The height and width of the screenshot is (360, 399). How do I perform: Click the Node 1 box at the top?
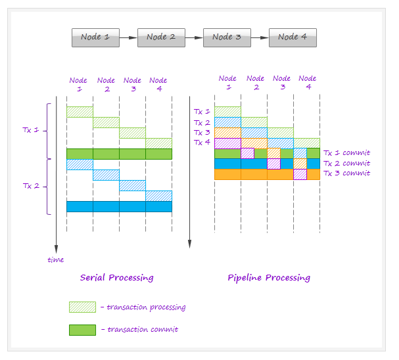[x=95, y=37]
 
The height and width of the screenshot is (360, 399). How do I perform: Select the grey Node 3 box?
[x=227, y=37]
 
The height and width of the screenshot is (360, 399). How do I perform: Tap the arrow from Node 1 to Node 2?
[x=128, y=37]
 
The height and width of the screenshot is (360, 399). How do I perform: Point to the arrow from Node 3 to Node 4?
[x=260, y=37]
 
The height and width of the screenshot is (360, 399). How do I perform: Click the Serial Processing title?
[x=117, y=278]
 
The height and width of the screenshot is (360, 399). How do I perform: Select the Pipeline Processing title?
[x=269, y=278]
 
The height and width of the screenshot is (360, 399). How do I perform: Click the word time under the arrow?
[x=56, y=259]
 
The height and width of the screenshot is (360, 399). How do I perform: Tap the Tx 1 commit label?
[x=347, y=153]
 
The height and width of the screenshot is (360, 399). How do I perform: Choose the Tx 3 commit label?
[x=347, y=173]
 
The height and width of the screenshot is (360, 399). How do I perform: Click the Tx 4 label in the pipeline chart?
[x=202, y=143]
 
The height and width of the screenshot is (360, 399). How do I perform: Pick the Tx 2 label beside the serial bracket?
[x=31, y=186]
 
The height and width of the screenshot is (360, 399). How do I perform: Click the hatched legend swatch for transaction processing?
[x=82, y=307]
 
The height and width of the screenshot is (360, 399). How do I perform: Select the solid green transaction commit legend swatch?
[x=82, y=330]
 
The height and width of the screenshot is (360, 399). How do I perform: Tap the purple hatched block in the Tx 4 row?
[x=227, y=143]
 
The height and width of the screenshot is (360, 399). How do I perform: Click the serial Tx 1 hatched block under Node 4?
[x=159, y=143]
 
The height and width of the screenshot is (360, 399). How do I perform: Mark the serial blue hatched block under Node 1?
[x=80, y=164]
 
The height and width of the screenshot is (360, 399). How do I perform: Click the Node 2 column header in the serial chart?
[x=106, y=85]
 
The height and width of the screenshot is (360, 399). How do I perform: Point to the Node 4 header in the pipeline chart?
[x=308, y=83]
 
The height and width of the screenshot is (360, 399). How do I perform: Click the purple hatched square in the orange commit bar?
[x=300, y=174]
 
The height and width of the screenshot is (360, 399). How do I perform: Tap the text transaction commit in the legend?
[x=143, y=330]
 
